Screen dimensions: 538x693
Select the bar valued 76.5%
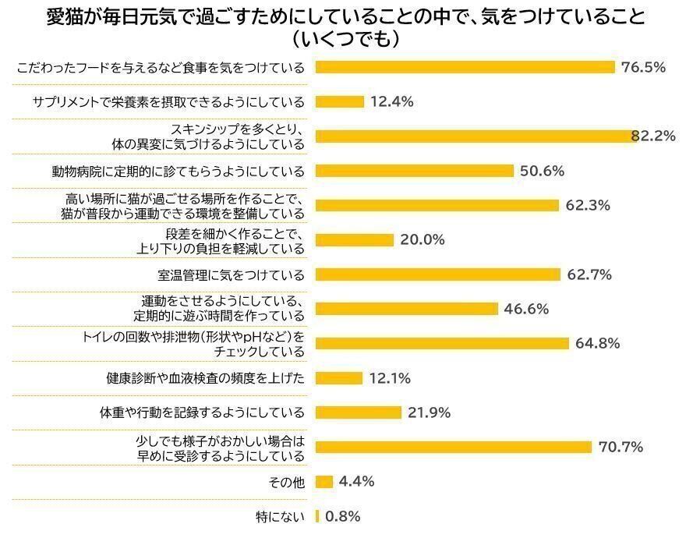[x=465, y=67]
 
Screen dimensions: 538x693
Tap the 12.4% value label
[x=392, y=101]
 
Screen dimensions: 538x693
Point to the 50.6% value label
[x=542, y=171]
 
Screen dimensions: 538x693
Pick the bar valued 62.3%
[x=437, y=205]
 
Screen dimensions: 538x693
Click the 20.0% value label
[x=423, y=240]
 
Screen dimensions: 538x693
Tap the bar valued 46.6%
[x=406, y=309]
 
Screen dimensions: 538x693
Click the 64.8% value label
[x=598, y=343]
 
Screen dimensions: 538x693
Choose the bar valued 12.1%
[x=339, y=378]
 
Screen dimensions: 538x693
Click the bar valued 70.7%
[x=454, y=447]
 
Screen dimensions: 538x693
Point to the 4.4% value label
[x=357, y=482]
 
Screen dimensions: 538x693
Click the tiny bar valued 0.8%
[x=317, y=516]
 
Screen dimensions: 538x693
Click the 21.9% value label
[x=430, y=412]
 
